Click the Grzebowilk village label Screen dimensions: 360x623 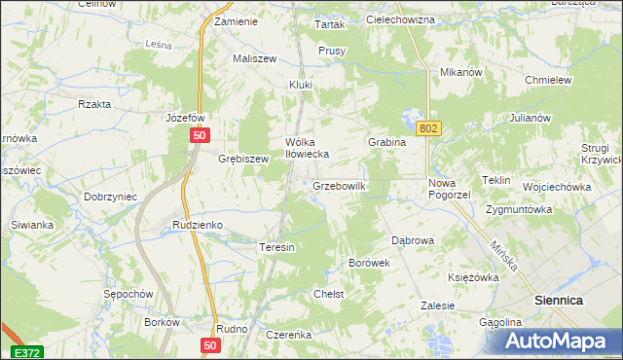[338, 185]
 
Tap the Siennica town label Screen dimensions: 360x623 [559, 302]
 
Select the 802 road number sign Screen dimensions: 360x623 [427, 127]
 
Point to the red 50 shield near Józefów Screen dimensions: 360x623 [199, 137]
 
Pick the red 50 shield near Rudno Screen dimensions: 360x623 [211, 345]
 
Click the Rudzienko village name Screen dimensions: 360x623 [198, 225]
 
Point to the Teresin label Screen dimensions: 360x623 [276, 247]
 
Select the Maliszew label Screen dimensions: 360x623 [255, 58]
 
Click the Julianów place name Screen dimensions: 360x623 [530, 118]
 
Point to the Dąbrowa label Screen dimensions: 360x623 [412, 239]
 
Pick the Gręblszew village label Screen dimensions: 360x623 [242, 159]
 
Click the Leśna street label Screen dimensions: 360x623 [158, 44]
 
